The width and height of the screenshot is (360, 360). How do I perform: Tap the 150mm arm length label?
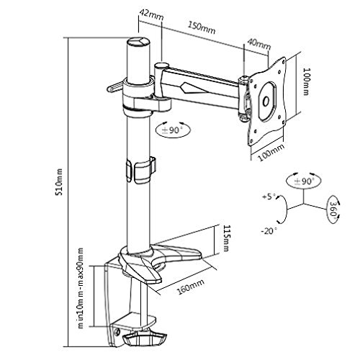211,30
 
